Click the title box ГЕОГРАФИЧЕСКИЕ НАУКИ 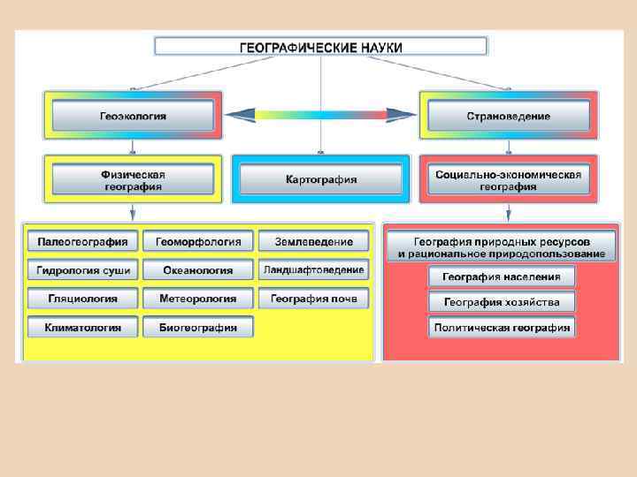click(321, 46)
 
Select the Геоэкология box click(133, 116)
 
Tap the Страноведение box click(508, 116)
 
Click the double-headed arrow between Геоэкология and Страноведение click(320, 113)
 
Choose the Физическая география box click(133, 179)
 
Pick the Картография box click(321, 179)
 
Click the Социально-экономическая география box click(508, 179)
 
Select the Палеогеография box click(82, 241)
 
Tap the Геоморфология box click(198, 241)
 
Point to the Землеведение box click(314, 241)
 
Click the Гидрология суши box click(82, 269)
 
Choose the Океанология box click(198, 269)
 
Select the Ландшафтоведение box click(314, 269)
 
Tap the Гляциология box click(82, 299)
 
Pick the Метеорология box click(198, 299)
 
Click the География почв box click(314, 299)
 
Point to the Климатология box click(82, 327)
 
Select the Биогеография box click(198, 327)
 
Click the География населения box click(502, 276)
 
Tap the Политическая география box click(502, 328)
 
